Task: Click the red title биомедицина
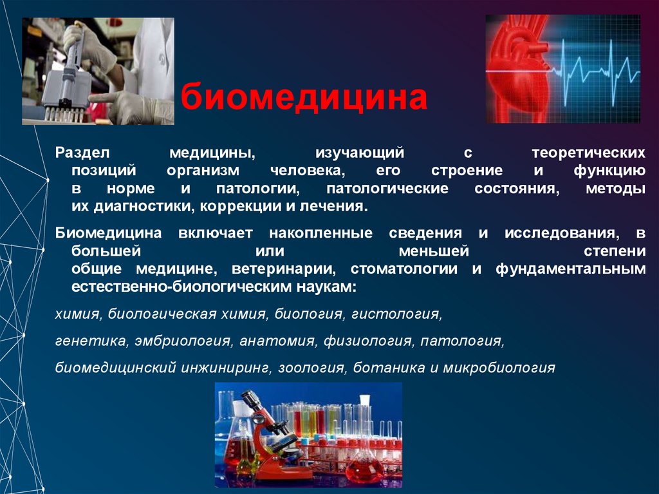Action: coord(304,98)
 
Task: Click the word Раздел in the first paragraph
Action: coord(83,154)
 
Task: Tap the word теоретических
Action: coord(588,154)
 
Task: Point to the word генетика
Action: coord(91,340)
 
